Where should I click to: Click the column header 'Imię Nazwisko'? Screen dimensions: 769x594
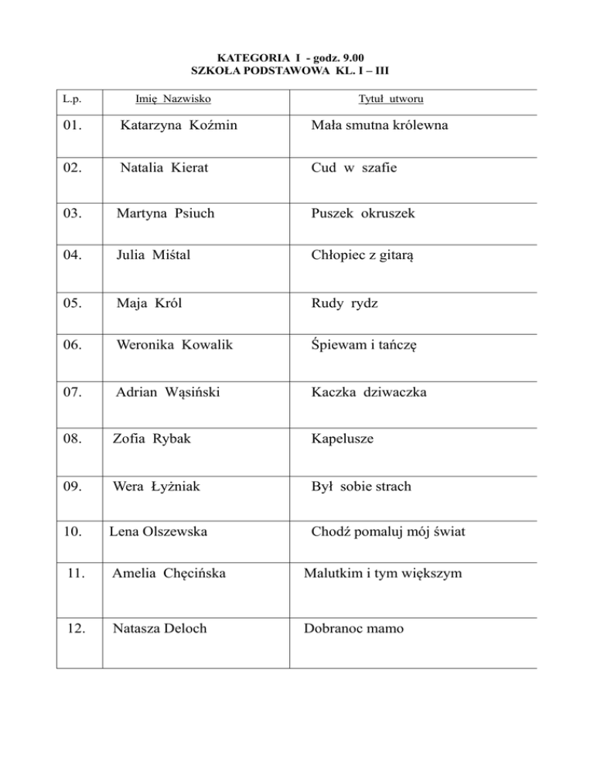173,99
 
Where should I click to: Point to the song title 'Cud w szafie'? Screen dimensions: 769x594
354,168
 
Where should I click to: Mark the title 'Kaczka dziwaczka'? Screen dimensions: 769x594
369,392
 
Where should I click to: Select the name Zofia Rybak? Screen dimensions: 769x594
152,439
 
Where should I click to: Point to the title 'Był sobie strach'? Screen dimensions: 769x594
361,487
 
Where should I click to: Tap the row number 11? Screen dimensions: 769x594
75,574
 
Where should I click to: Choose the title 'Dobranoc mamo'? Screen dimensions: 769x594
353,628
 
